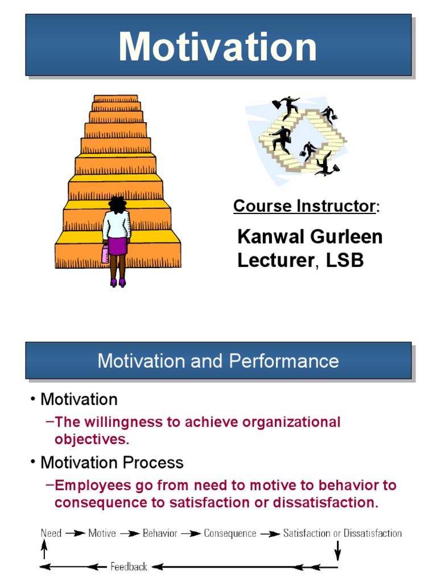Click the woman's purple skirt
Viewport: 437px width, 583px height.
(118, 245)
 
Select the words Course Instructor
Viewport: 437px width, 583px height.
(304, 206)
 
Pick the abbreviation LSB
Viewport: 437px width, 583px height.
(344, 260)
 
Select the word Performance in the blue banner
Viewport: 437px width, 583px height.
(285, 361)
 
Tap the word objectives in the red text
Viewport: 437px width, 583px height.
(92, 439)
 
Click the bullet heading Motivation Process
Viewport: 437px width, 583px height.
(112, 462)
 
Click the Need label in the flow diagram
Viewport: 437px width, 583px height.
(51, 533)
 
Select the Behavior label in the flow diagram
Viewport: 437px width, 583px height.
(160, 533)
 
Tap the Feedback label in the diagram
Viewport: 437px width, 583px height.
(129, 566)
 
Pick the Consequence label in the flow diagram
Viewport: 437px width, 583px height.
(230, 533)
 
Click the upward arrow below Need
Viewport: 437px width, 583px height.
(44, 550)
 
